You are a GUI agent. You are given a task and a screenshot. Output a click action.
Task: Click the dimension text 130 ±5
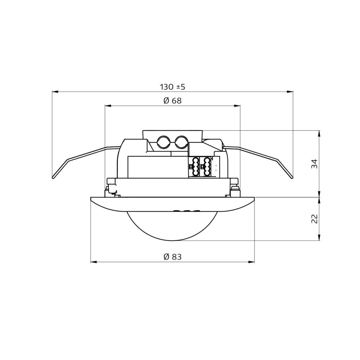[172, 87]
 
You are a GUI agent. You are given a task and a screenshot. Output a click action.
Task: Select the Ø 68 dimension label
[172, 101]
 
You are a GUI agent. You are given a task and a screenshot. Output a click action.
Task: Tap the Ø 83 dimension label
[172, 257]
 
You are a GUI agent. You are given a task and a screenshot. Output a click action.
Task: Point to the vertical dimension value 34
[315, 164]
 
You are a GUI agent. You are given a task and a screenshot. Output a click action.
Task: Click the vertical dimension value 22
[315, 219]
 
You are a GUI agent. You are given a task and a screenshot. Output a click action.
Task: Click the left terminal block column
[196, 167]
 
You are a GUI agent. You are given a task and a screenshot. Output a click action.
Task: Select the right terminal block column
[207, 167]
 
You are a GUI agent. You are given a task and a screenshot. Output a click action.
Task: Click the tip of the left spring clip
[53, 177]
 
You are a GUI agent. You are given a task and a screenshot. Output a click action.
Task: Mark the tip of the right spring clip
[292, 177]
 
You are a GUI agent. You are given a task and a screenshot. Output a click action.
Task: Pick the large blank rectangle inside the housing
[157, 167]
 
